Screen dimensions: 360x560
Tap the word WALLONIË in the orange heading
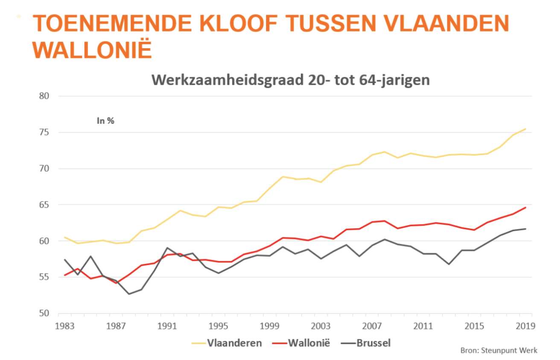[x=92, y=50]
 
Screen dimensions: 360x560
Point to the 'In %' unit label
[x=105, y=121]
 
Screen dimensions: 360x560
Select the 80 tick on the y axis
[x=44, y=96]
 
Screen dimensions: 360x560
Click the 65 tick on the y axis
[x=44, y=205]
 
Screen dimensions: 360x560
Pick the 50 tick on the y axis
[x=44, y=314]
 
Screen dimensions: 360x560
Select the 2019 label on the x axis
[x=525, y=326]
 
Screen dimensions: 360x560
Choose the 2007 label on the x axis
[x=371, y=326]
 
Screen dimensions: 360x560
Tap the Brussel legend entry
[x=372, y=343]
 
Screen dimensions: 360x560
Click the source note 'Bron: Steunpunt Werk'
[x=499, y=351]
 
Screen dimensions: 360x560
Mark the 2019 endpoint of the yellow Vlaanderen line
[x=525, y=129]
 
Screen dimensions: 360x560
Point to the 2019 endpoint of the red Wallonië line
[x=525, y=207]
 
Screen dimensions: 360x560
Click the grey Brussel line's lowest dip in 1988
[x=129, y=294]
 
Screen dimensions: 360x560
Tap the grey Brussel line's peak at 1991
[x=167, y=247]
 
